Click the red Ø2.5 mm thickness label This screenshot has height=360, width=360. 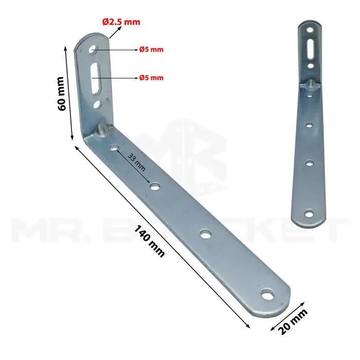click(121, 22)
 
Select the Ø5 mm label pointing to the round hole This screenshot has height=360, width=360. click(151, 50)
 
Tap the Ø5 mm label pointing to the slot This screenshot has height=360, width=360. click(151, 78)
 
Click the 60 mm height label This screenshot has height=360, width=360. click(61, 93)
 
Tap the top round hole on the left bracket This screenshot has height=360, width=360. click(93, 50)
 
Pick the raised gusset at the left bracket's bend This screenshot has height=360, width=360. click(102, 129)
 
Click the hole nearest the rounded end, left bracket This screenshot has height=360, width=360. click(266, 295)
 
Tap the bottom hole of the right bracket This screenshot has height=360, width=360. click(309, 213)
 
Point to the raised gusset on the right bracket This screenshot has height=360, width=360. click(311, 83)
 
